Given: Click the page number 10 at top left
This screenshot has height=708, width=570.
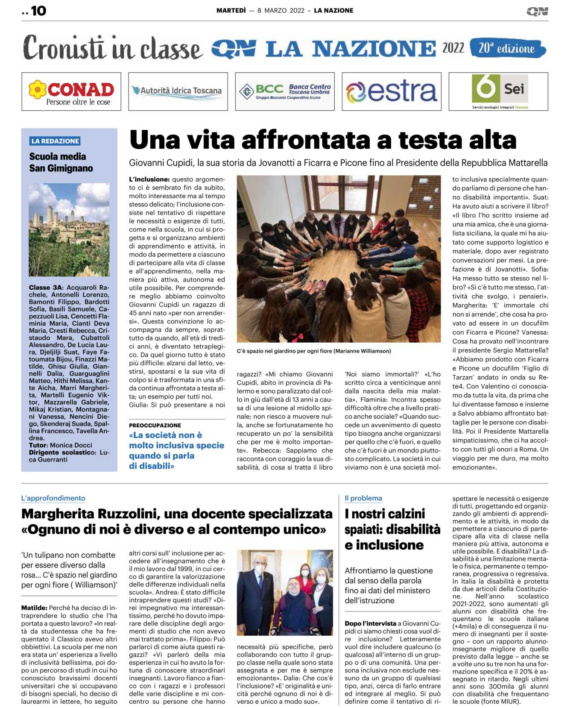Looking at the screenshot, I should pyautogui.click(x=38, y=11).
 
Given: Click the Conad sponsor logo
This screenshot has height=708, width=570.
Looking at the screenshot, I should pyautogui.click(x=71, y=91).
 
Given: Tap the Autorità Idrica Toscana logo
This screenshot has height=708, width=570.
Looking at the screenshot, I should pyautogui.click(x=178, y=91).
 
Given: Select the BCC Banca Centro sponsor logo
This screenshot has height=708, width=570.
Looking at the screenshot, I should pyautogui.click(x=285, y=91).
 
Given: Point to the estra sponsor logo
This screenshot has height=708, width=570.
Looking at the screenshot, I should pyautogui.click(x=391, y=91).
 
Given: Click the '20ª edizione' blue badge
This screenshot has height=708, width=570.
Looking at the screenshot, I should pyautogui.click(x=507, y=48).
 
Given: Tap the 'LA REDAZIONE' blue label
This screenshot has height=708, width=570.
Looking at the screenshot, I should pyautogui.click(x=55, y=141).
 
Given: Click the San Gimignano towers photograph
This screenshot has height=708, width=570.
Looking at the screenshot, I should pyautogui.click(x=69, y=229).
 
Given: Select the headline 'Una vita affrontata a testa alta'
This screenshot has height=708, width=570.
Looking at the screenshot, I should pyautogui.click(x=323, y=140).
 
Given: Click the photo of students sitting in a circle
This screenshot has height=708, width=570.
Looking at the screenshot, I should pyautogui.click(x=339, y=259).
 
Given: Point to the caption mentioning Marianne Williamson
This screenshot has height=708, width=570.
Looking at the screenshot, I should pyautogui.click(x=314, y=351).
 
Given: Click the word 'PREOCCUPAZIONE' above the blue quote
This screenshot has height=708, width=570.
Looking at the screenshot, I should pyautogui.click(x=155, y=425).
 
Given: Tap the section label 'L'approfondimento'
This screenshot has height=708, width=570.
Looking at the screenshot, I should pyautogui.click(x=53, y=498).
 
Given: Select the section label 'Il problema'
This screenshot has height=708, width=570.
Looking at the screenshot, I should pyautogui.click(x=363, y=498).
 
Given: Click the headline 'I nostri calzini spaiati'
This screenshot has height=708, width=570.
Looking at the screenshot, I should pyautogui.click(x=392, y=529).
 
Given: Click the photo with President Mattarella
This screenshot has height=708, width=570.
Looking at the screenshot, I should pyautogui.click(x=285, y=592).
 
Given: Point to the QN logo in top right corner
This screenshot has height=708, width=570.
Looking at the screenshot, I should pyautogui.click(x=537, y=12).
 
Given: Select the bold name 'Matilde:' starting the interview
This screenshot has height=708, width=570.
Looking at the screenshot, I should pyautogui.click(x=34, y=608).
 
